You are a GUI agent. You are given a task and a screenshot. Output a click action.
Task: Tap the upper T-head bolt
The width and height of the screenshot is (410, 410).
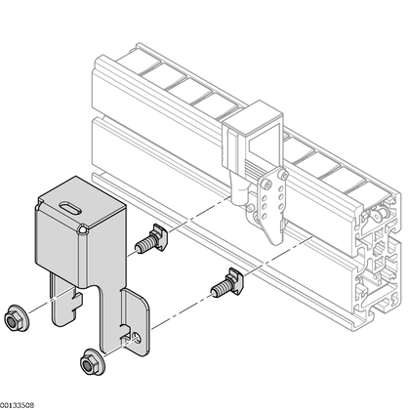tap(151, 239)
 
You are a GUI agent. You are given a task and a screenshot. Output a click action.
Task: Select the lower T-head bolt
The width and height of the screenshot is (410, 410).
tap(227, 283)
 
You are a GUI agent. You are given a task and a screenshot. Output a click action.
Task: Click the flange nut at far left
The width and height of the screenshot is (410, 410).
tap(17, 318)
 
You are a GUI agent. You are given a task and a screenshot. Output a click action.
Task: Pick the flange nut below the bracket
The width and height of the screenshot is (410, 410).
tap(93, 361)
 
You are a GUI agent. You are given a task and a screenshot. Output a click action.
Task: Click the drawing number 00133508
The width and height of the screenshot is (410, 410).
tap(17, 405)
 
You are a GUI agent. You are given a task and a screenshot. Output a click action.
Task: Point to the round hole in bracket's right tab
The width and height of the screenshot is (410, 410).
tap(138, 337)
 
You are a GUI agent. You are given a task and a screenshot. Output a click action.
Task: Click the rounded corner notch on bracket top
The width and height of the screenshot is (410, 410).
tap(83, 229)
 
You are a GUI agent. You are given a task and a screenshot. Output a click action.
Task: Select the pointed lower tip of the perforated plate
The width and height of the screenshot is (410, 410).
tap(275, 242)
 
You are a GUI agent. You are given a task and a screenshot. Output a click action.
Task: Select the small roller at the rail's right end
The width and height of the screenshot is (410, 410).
tap(379, 214)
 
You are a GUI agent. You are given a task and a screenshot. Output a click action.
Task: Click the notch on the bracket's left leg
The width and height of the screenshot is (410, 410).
tap(78, 301)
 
